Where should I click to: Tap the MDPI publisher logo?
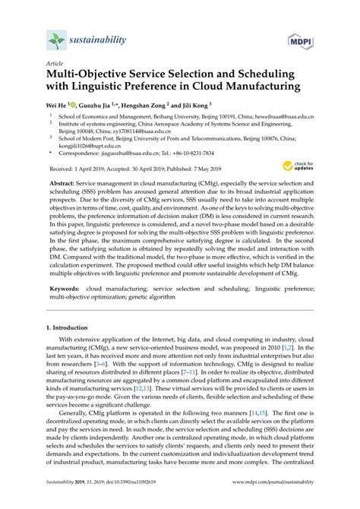coord(304,38)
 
